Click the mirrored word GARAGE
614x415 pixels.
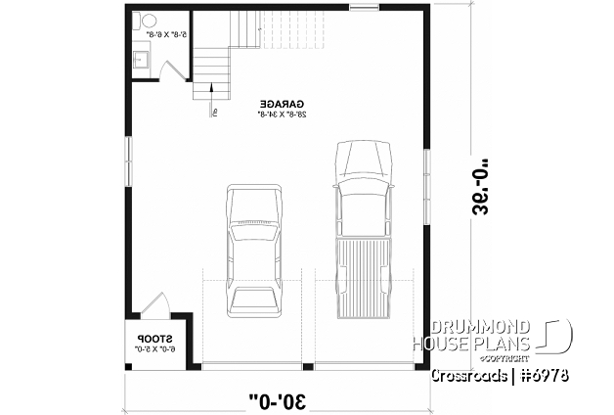pos(283,102)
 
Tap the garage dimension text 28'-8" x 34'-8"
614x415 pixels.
pos(283,114)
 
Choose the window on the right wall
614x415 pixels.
pos(427,175)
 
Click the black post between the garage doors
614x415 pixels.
pos(307,366)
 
